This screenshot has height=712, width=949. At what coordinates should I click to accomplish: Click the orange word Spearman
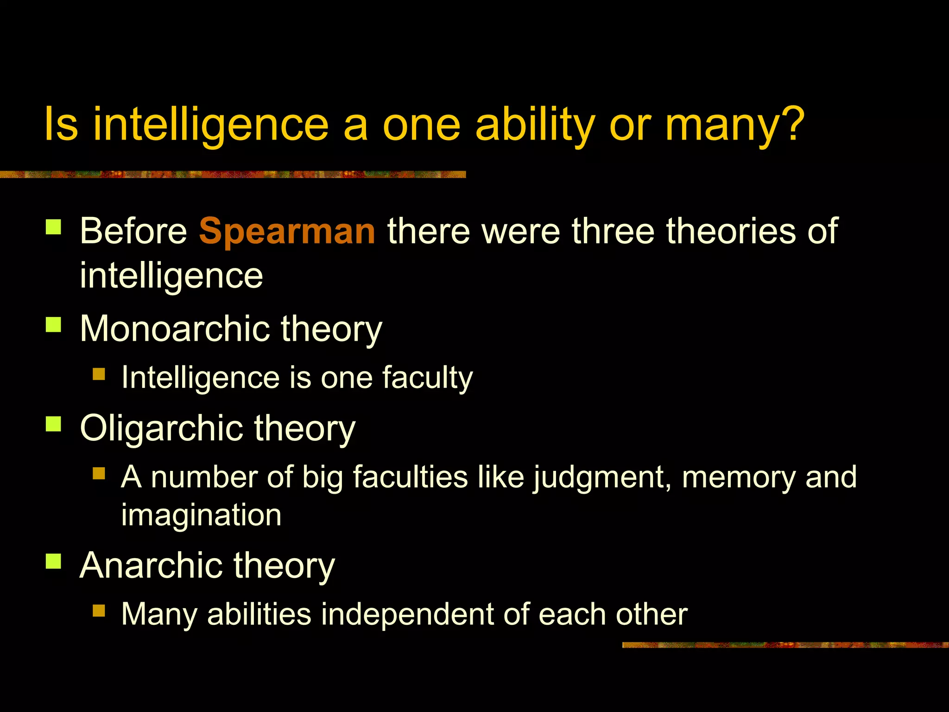[x=287, y=231]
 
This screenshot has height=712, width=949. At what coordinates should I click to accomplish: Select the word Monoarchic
[x=175, y=329]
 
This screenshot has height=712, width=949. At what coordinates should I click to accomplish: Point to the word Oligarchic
[x=161, y=428]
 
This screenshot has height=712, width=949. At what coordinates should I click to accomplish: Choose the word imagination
[x=201, y=515]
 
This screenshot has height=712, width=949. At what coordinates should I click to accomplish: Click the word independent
[x=407, y=614]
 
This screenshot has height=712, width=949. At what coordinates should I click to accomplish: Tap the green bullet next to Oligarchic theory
[x=54, y=424]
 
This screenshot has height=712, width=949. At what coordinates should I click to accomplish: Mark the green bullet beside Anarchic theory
[x=54, y=561]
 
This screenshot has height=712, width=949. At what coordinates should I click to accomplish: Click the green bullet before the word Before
[x=54, y=227]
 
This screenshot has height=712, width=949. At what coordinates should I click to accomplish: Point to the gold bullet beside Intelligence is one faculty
[x=99, y=374]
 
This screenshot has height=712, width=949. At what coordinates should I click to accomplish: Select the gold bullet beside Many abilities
[x=99, y=610]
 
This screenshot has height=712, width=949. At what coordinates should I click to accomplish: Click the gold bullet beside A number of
[x=99, y=473]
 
